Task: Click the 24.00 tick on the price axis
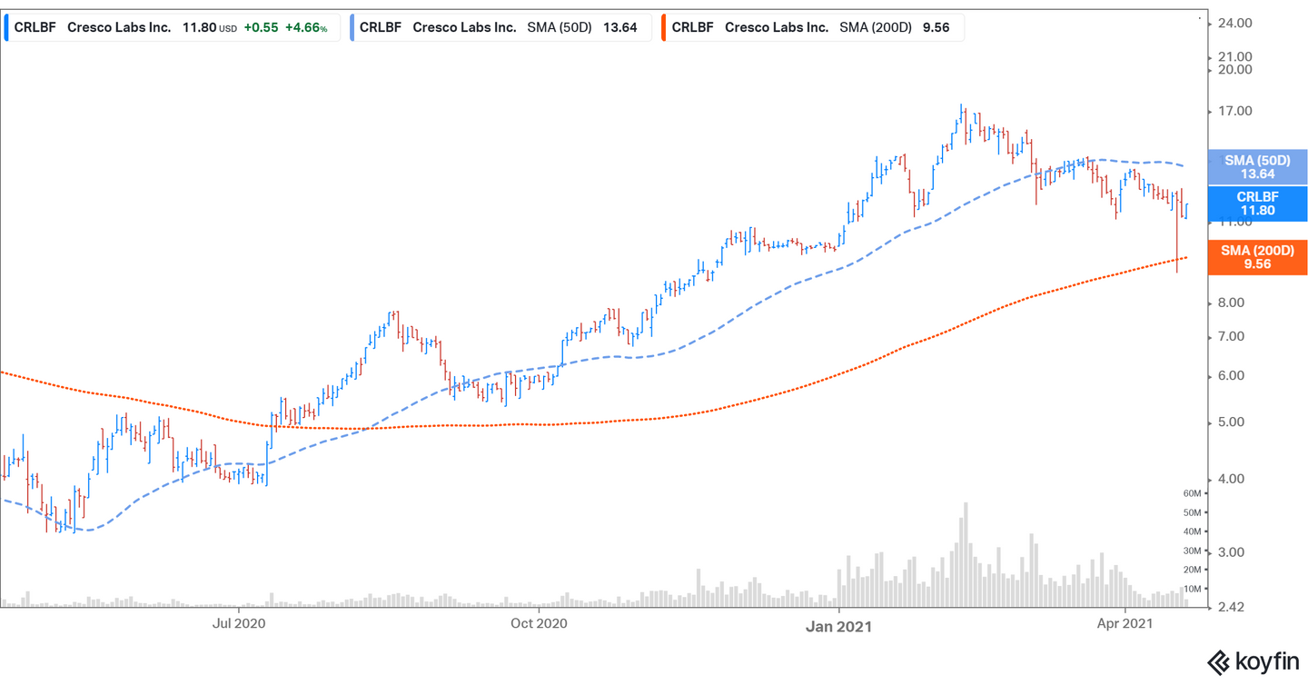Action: pos(1235,23)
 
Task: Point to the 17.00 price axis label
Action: pos(1235,112)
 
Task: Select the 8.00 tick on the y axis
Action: pos(1235,303)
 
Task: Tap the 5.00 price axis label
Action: pos(1235,422)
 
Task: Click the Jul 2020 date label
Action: pos(238,623)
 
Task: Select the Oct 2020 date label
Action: pos(539,623)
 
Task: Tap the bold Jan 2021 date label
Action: pos(839,626)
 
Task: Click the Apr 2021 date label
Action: pos(1125,623)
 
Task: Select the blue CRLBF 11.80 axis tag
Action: pos(1257,204)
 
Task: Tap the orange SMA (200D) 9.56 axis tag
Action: pos(1257,257)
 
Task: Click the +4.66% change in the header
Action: pos(306,27)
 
